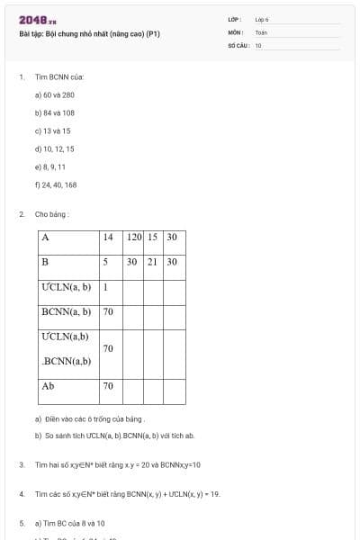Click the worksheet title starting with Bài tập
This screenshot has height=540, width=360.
point(89,34)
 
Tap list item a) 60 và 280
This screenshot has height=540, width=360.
point(55,94)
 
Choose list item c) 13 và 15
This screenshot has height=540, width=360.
point(52,130)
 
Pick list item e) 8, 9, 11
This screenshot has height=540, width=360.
point(50,166)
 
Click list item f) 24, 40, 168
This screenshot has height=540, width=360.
point(56,184)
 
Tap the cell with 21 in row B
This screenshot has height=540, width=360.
point(153,262)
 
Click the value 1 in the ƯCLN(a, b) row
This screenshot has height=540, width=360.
point(105,287)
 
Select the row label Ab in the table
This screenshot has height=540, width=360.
point(49,385)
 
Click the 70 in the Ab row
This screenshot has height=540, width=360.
point(108,385)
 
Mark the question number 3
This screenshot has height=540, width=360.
point(21,464)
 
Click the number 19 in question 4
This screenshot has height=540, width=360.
point(214,494)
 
